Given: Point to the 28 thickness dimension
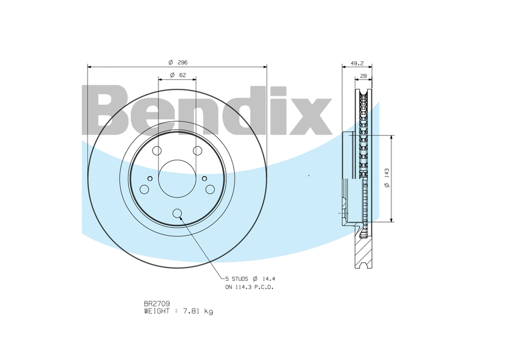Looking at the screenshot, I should click(x=363, y=76).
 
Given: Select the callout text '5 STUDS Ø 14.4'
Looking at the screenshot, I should click(x=250, y=279).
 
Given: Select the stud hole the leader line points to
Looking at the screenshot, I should click(x=177, y=213).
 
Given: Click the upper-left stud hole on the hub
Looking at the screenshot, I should click(x=157, y=151).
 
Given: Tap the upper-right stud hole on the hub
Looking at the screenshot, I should click(x=197, y=151).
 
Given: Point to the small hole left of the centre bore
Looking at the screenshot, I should click(x=150, y=178).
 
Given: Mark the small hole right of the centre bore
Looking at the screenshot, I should click(x=204, y=178).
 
